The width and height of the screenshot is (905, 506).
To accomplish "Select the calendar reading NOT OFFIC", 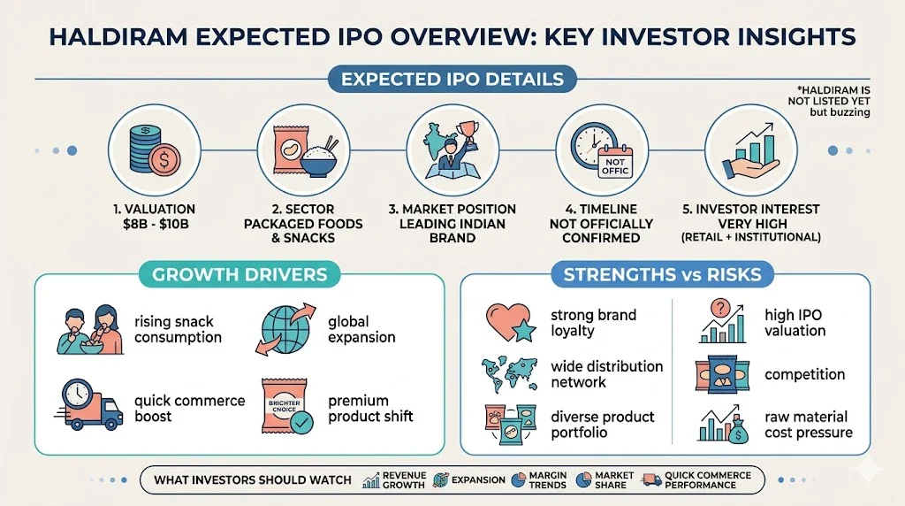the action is point(615,162).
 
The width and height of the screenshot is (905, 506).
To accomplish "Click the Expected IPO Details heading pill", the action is point(452,79).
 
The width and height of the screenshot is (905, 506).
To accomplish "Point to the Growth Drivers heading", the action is point(240,274).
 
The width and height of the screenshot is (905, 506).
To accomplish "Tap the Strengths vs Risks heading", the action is point(663,274).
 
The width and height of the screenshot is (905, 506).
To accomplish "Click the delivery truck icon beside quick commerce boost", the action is point(88,405).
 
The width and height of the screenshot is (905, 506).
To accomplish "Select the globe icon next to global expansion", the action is point(285,329).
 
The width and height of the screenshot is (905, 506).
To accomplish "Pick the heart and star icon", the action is point(508,322).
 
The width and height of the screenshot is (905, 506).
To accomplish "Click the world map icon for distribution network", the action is point(510,373).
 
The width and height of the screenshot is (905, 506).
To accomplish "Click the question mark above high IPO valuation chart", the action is point(720,308).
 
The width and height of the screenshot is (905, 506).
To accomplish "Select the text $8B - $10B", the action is point(156,224).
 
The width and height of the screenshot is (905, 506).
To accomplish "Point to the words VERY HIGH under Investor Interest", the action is point(752,224).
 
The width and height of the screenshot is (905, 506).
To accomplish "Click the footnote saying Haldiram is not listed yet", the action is point(829,101).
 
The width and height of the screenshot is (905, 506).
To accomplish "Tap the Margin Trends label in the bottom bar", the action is point(548,480).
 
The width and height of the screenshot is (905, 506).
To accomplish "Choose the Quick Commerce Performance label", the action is point(708,480).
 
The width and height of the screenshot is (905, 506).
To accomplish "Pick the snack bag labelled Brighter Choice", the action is point(284,405).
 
